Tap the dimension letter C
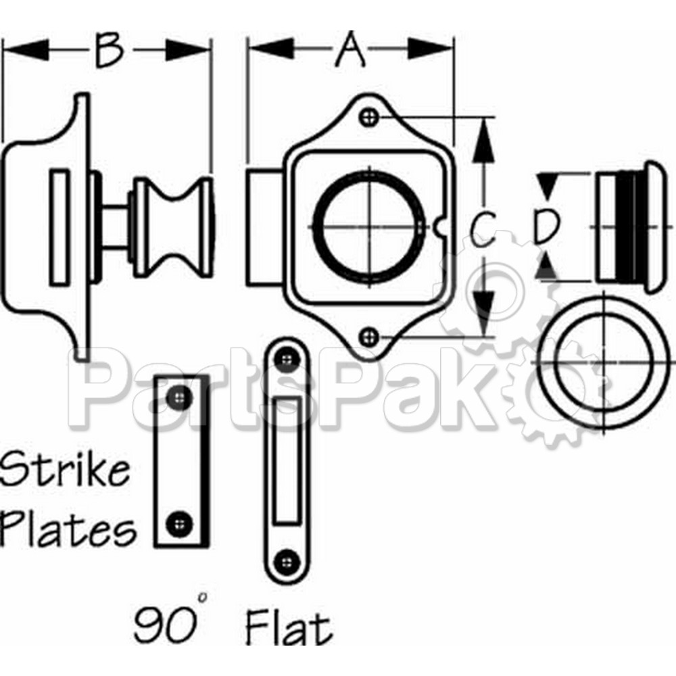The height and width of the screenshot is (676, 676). pos(483,228)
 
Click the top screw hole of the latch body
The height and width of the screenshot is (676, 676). pos(368,117)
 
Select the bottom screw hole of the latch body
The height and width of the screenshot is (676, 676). pos(368,335)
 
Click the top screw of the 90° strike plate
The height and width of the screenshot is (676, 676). pos(178,396)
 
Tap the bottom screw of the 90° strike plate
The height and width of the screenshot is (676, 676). pos(178,522)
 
